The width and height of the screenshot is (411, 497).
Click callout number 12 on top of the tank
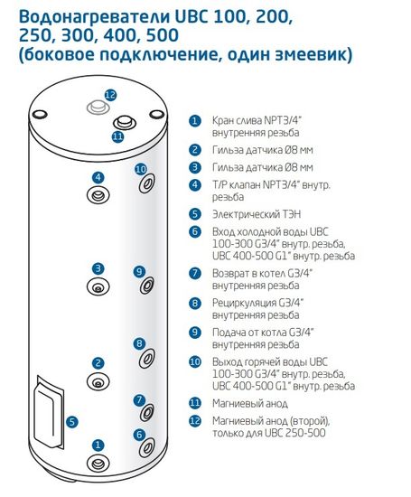coord(110,95)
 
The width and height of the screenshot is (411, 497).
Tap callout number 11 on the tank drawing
coord(117,136)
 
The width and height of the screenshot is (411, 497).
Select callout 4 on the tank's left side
coord(98,177)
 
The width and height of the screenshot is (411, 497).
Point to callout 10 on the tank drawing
coord(140,169)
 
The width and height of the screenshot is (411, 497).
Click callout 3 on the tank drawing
coord(98,268)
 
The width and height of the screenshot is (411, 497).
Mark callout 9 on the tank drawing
coord(139,271)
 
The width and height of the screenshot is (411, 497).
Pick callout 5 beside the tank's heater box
coord(72,421)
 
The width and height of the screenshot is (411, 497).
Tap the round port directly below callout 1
coord(98,464)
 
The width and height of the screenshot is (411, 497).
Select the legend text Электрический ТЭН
coord(257,214)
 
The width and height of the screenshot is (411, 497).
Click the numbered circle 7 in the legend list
coord(194,273)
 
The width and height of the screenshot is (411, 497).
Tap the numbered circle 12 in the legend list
coord(194,421)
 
